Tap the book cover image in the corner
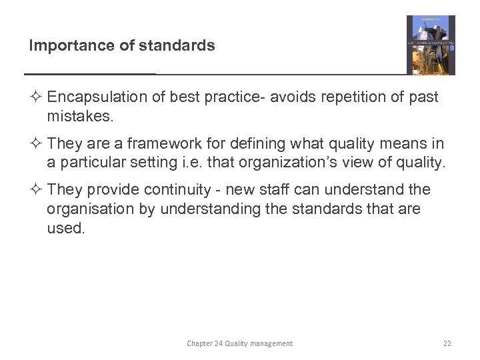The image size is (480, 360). point(431,45)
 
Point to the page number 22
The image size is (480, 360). point(447,343)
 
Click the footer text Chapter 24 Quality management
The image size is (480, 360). point(239,343)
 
